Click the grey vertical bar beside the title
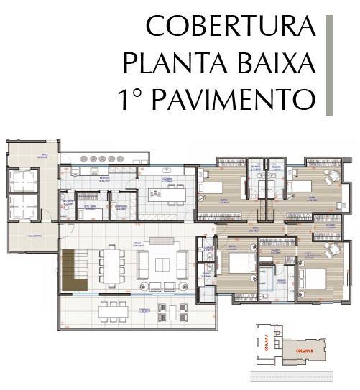(x=329, y=64)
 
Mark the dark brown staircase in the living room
(x=73, y=270)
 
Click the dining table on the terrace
(x=112, y=310)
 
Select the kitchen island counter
(x=166, y=194)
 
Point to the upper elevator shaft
(x=23, y=181)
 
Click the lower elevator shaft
(x=23, y=206)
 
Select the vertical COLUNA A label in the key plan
(x=266, y=340)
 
